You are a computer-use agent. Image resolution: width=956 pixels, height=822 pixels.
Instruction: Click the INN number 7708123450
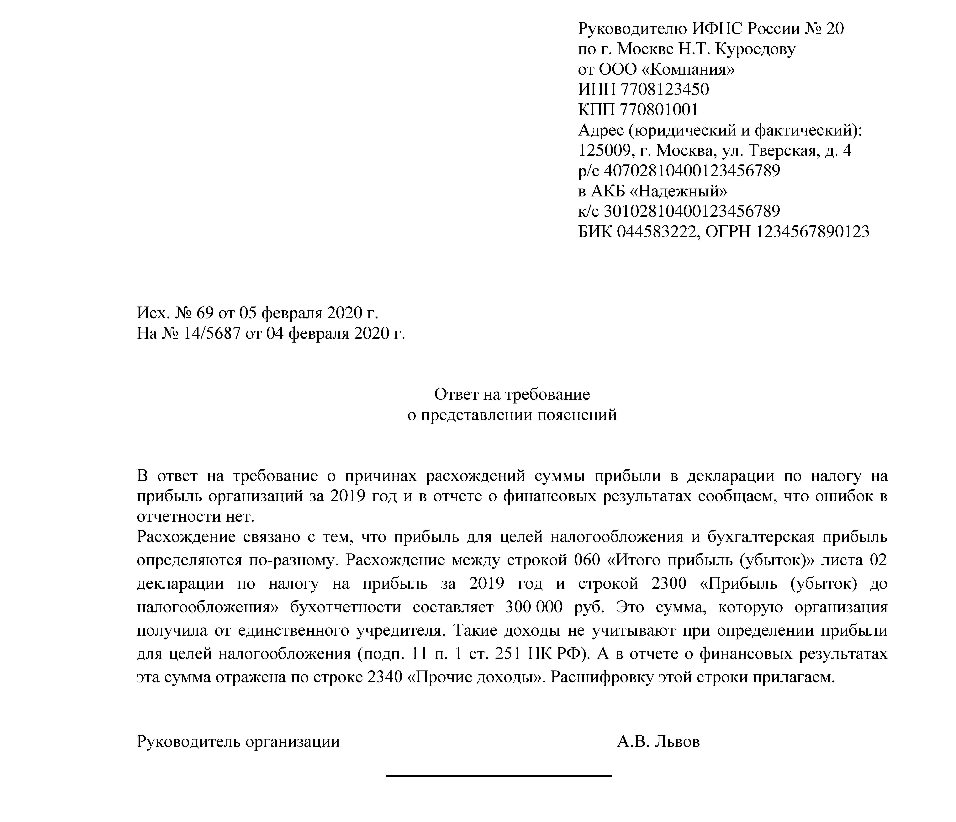tap(664, 89)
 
